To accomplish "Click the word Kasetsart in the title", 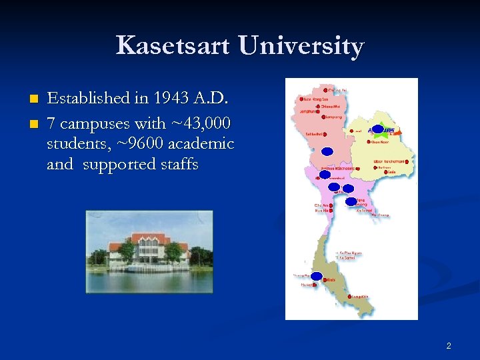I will pos(173,46).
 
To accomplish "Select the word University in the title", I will pos(301,46).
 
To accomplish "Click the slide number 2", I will pos(449,345).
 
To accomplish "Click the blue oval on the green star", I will pos(377,129).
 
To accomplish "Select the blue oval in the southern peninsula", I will pos(316,276).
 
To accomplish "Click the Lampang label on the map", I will pos(334,117).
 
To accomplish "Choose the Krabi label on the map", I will pos(331,280).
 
